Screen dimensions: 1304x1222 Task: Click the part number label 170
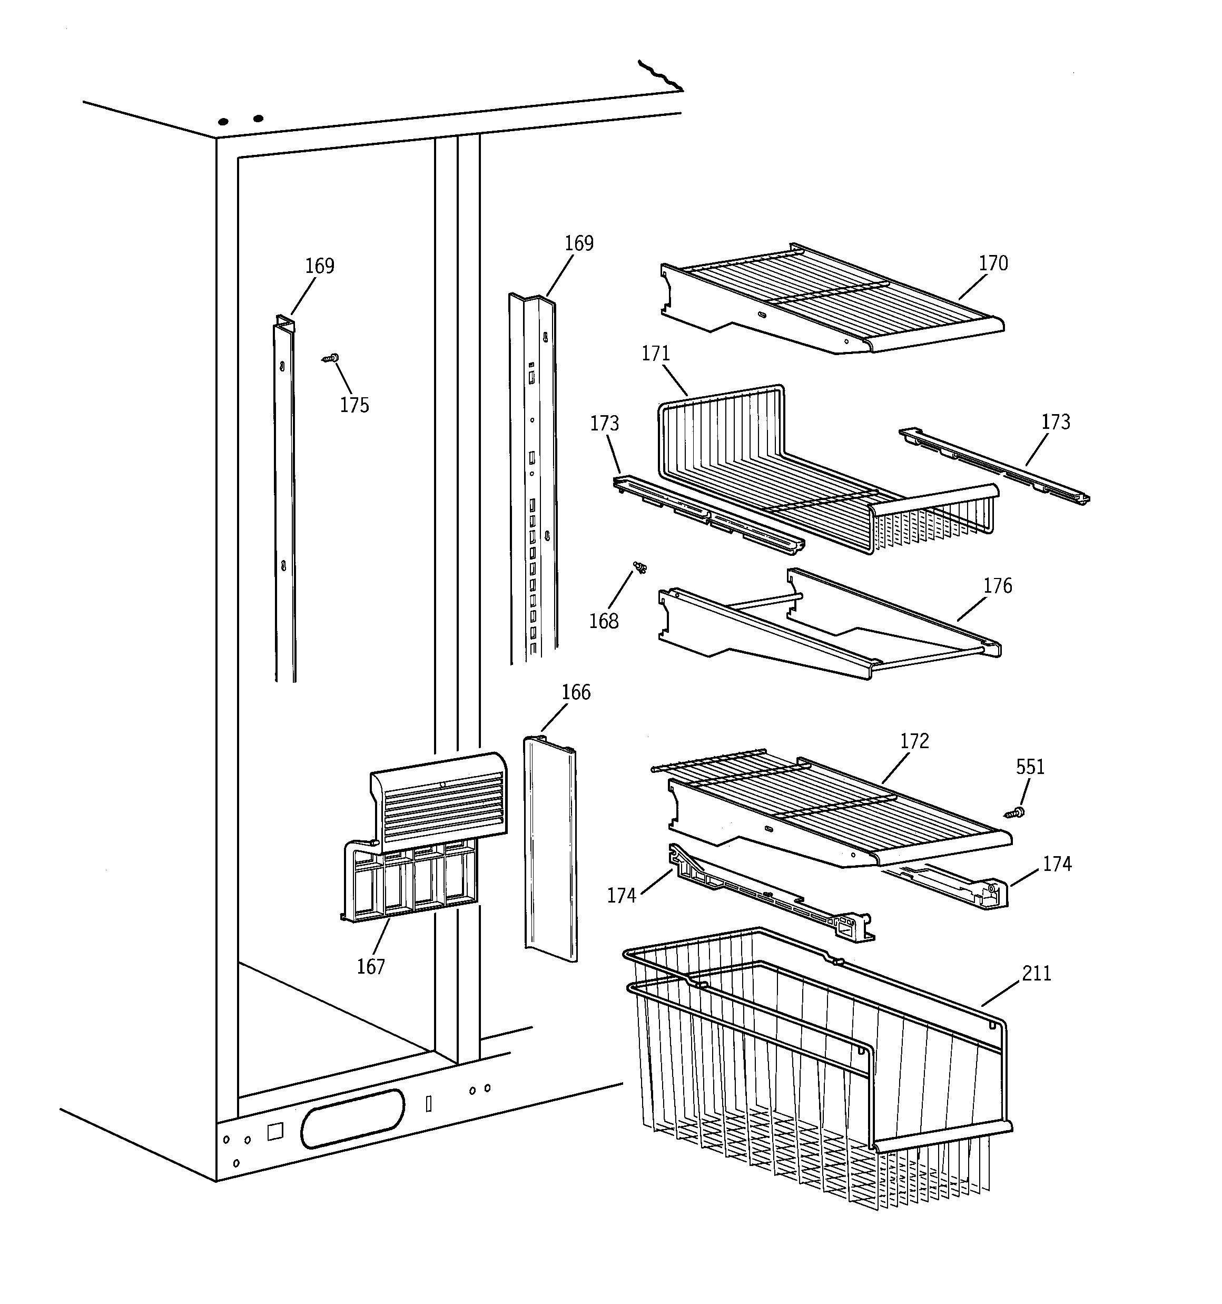click(x=992, y=263)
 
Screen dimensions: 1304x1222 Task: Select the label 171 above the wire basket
click(x=655, y=354)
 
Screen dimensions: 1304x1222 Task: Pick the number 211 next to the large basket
click(x=1037, y=974)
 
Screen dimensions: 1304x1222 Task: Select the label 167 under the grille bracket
click(x=371, y=966)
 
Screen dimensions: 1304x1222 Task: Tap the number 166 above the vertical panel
click(x=576, y=693)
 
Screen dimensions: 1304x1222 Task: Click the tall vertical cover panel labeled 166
click(x=551, y=852)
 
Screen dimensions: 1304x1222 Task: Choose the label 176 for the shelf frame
click(x=997, y=586)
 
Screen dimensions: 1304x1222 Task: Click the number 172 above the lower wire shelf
click(x=914, y=741)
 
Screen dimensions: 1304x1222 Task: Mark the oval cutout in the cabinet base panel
click(x=353, y=1127)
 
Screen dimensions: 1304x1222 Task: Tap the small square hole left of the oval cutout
click(x=275, y=1132)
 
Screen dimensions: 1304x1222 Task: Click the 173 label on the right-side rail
click(x=1056, y=422)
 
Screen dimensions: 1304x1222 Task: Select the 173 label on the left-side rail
click(x=604, y=424)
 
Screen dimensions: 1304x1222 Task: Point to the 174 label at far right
click(x=1057, y=865)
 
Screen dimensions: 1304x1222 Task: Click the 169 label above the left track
click(x=319, y=266)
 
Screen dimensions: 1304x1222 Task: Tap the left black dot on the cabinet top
click(x=223, y=122)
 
